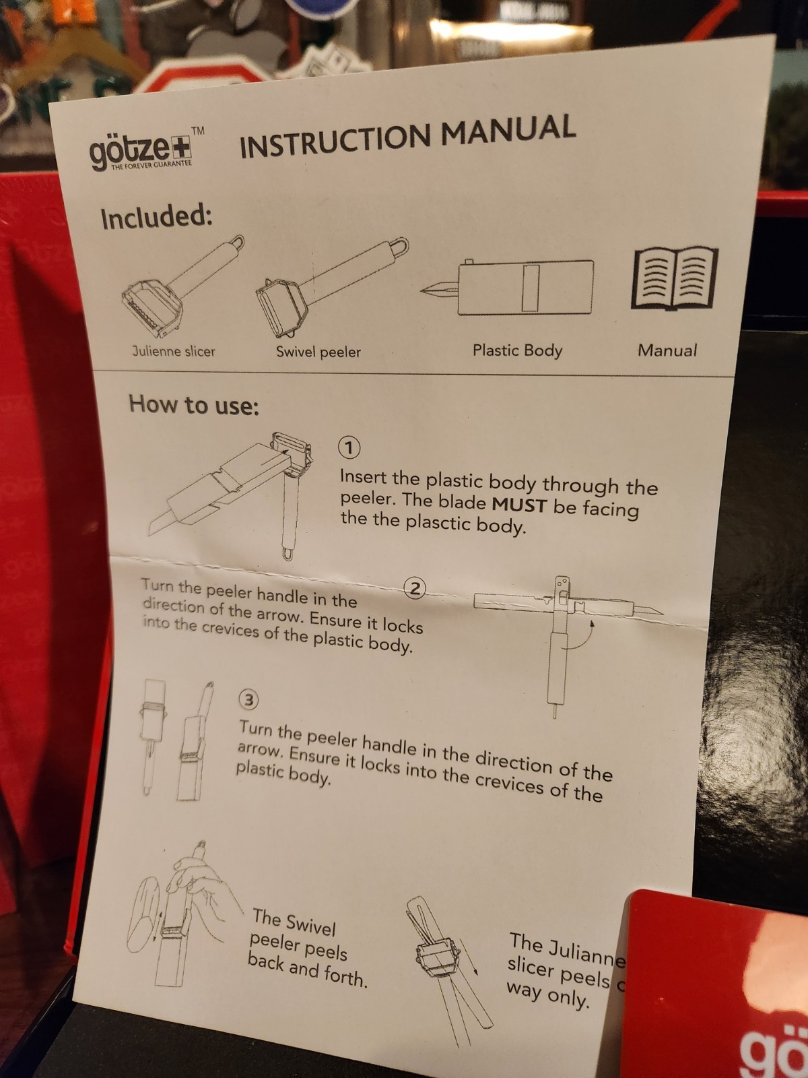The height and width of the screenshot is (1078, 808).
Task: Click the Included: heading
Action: point(156,217)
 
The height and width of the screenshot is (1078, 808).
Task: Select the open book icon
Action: point(675,278)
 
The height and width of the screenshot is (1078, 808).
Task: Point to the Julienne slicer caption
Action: point(174,351)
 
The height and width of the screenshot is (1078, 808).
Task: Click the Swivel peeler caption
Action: point(318,352)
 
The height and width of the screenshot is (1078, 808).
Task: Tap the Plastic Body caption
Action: point(517,350)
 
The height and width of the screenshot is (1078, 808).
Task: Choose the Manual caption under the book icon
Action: point(667,350)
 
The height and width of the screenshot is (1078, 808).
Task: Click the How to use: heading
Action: point(194,406)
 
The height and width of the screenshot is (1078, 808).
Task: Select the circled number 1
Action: point(349,447)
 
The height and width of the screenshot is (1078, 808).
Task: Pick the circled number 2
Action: point(415,588)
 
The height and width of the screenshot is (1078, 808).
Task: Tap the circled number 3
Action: point(248,700)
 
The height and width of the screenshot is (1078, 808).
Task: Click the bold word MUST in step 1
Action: point(519,505)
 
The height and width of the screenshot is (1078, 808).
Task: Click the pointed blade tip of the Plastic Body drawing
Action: point(423,290)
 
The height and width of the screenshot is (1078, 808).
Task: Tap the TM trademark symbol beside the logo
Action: point(198,131)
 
